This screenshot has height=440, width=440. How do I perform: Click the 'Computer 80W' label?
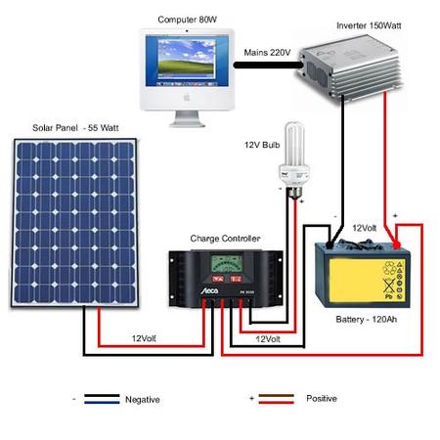(187, 20)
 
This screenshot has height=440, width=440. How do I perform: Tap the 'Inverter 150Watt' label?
(369, 25)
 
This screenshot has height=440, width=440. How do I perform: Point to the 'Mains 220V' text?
(267, 53)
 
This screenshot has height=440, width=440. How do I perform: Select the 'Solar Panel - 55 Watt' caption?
(75, 128)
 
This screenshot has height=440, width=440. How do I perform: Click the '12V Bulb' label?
(262, 145)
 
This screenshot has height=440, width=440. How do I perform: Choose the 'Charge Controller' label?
(225, 239)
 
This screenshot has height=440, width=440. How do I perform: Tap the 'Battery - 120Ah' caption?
(366, 319)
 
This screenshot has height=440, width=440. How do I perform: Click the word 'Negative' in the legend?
(143, 400)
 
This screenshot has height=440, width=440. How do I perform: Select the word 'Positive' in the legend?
(322, 398)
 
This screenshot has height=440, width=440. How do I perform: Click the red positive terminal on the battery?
(396, 244)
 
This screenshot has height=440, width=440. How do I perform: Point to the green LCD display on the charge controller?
(227, 264)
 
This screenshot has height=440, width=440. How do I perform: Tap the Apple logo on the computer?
(187, 97)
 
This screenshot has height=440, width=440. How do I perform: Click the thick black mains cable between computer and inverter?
(268, 66)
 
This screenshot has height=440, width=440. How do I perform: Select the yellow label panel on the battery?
(367, 281)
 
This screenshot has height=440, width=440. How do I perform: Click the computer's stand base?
(187, 124)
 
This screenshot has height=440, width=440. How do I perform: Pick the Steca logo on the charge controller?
(209, 290)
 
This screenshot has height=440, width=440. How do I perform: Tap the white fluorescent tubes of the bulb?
(294, 144)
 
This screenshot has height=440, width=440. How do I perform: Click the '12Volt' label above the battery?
(365, 228)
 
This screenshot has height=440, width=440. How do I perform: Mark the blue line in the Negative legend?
(102, 403)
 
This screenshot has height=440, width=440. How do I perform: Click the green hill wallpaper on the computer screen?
(187, 66)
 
